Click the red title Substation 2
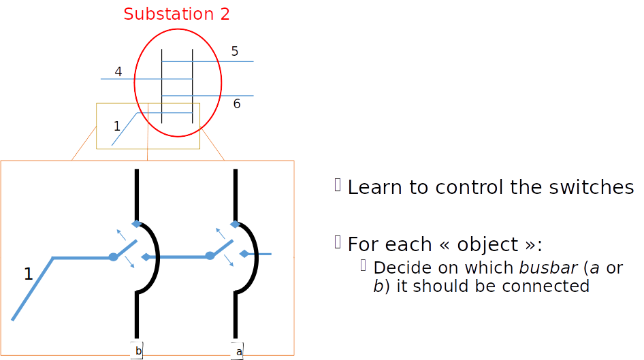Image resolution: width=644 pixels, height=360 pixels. (x=176, y=14)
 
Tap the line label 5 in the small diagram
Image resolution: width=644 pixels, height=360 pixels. (x=235, y=51)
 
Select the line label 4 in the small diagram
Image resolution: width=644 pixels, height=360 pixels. (x=118, y=71)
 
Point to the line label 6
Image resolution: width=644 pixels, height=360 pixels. (x=237, y=104)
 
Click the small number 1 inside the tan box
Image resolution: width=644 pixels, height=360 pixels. (x=117, y=126)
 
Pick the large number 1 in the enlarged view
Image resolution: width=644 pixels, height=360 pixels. (x=28, y=274)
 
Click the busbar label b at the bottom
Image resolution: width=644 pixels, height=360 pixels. (x=138, y=351)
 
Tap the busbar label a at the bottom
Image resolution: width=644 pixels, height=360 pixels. (x=238, y=351)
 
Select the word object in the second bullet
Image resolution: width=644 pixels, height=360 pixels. (x=483, y=244)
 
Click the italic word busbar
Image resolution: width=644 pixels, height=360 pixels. (x=547, y=267)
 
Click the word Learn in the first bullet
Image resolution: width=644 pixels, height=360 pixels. (x=374, y=188)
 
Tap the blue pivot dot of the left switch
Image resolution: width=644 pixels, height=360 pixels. (x=113, y=257)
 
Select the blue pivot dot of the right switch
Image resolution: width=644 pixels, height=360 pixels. (x=210, y=256)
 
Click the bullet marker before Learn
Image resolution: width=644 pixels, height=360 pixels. (x=337, y=185)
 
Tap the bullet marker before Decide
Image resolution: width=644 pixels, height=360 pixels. (x=364, y=265)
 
